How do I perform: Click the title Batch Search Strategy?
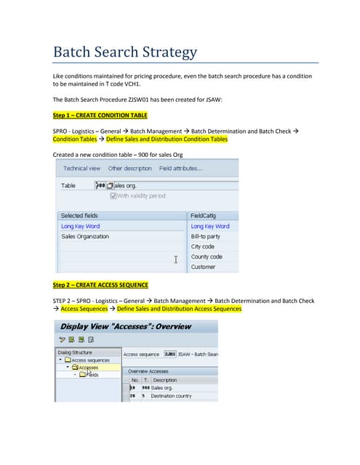tap(124, 52)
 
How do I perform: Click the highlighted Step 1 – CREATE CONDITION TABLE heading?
tap(100, 115)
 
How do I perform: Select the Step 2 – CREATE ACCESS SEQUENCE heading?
tap(100, 285)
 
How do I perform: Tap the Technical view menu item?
tap(81, 169)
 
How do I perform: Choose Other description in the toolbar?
tap(129, 169)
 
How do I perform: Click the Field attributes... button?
tap(181, 169)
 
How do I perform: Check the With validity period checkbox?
tap(113, 195)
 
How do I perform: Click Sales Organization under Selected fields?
tap(85, 236)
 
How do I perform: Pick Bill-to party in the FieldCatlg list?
tap(207, 236)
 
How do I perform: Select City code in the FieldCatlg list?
tap(203, 246)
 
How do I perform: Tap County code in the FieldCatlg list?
tap(207, 256)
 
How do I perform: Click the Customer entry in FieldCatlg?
tap(203, 267)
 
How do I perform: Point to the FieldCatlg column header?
tap(203, 216)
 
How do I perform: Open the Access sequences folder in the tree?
tap(90, 360)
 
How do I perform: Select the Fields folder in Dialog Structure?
tap(92, 375)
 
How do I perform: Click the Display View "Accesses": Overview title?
tap(126, 326)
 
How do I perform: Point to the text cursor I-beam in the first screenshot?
tap(176, 260)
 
